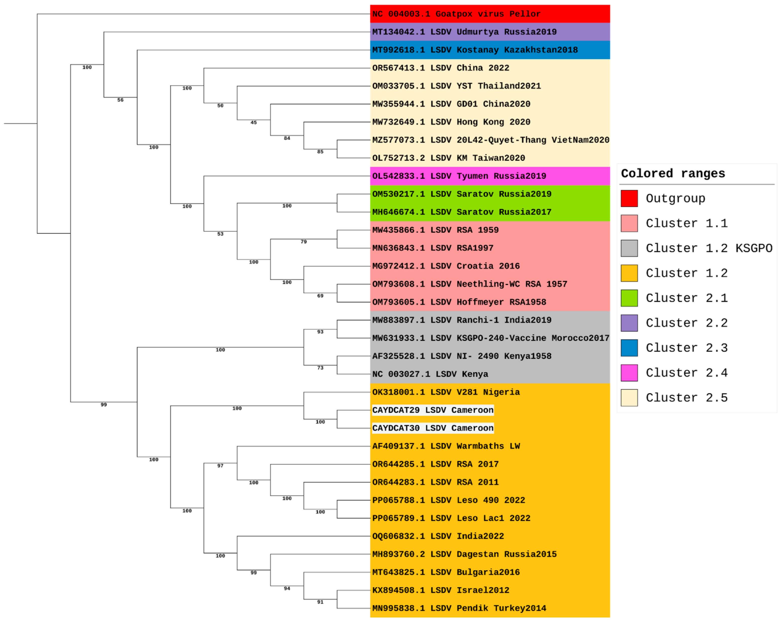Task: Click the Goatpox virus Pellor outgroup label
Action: pyautogui.click(x=456, y=14)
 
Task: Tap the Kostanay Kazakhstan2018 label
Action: pyautogui.click(x=475, y=50)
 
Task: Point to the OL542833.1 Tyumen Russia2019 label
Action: pyautogui.click(x=459, y=176)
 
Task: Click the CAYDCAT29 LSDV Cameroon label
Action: pyautogui.click(x=432, y=410)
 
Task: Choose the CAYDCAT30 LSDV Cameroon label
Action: pyautogui.click(x=432, y=428)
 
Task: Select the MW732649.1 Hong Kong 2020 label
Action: pyautogui.click(x=451, y=122)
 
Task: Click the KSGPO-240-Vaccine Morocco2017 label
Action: pyautogui.click(x=490, y=338)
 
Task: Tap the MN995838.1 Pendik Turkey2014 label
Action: pyautogui.click(x=459, y=608)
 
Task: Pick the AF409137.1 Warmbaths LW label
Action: pyautogui.click(x=446, y=446)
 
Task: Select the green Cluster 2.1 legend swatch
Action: pyautogui.click(x=629, y=298)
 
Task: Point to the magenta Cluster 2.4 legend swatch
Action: pyautogui.click(x=629, y=373)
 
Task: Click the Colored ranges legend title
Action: pyautogui.click(x=673, y=174)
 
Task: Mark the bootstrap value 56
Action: pyautogui.click(x=120, y=100)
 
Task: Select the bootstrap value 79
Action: pyautogui.click(x=304, y=242)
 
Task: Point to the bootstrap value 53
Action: pyautogui.click(x=220, y=234)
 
